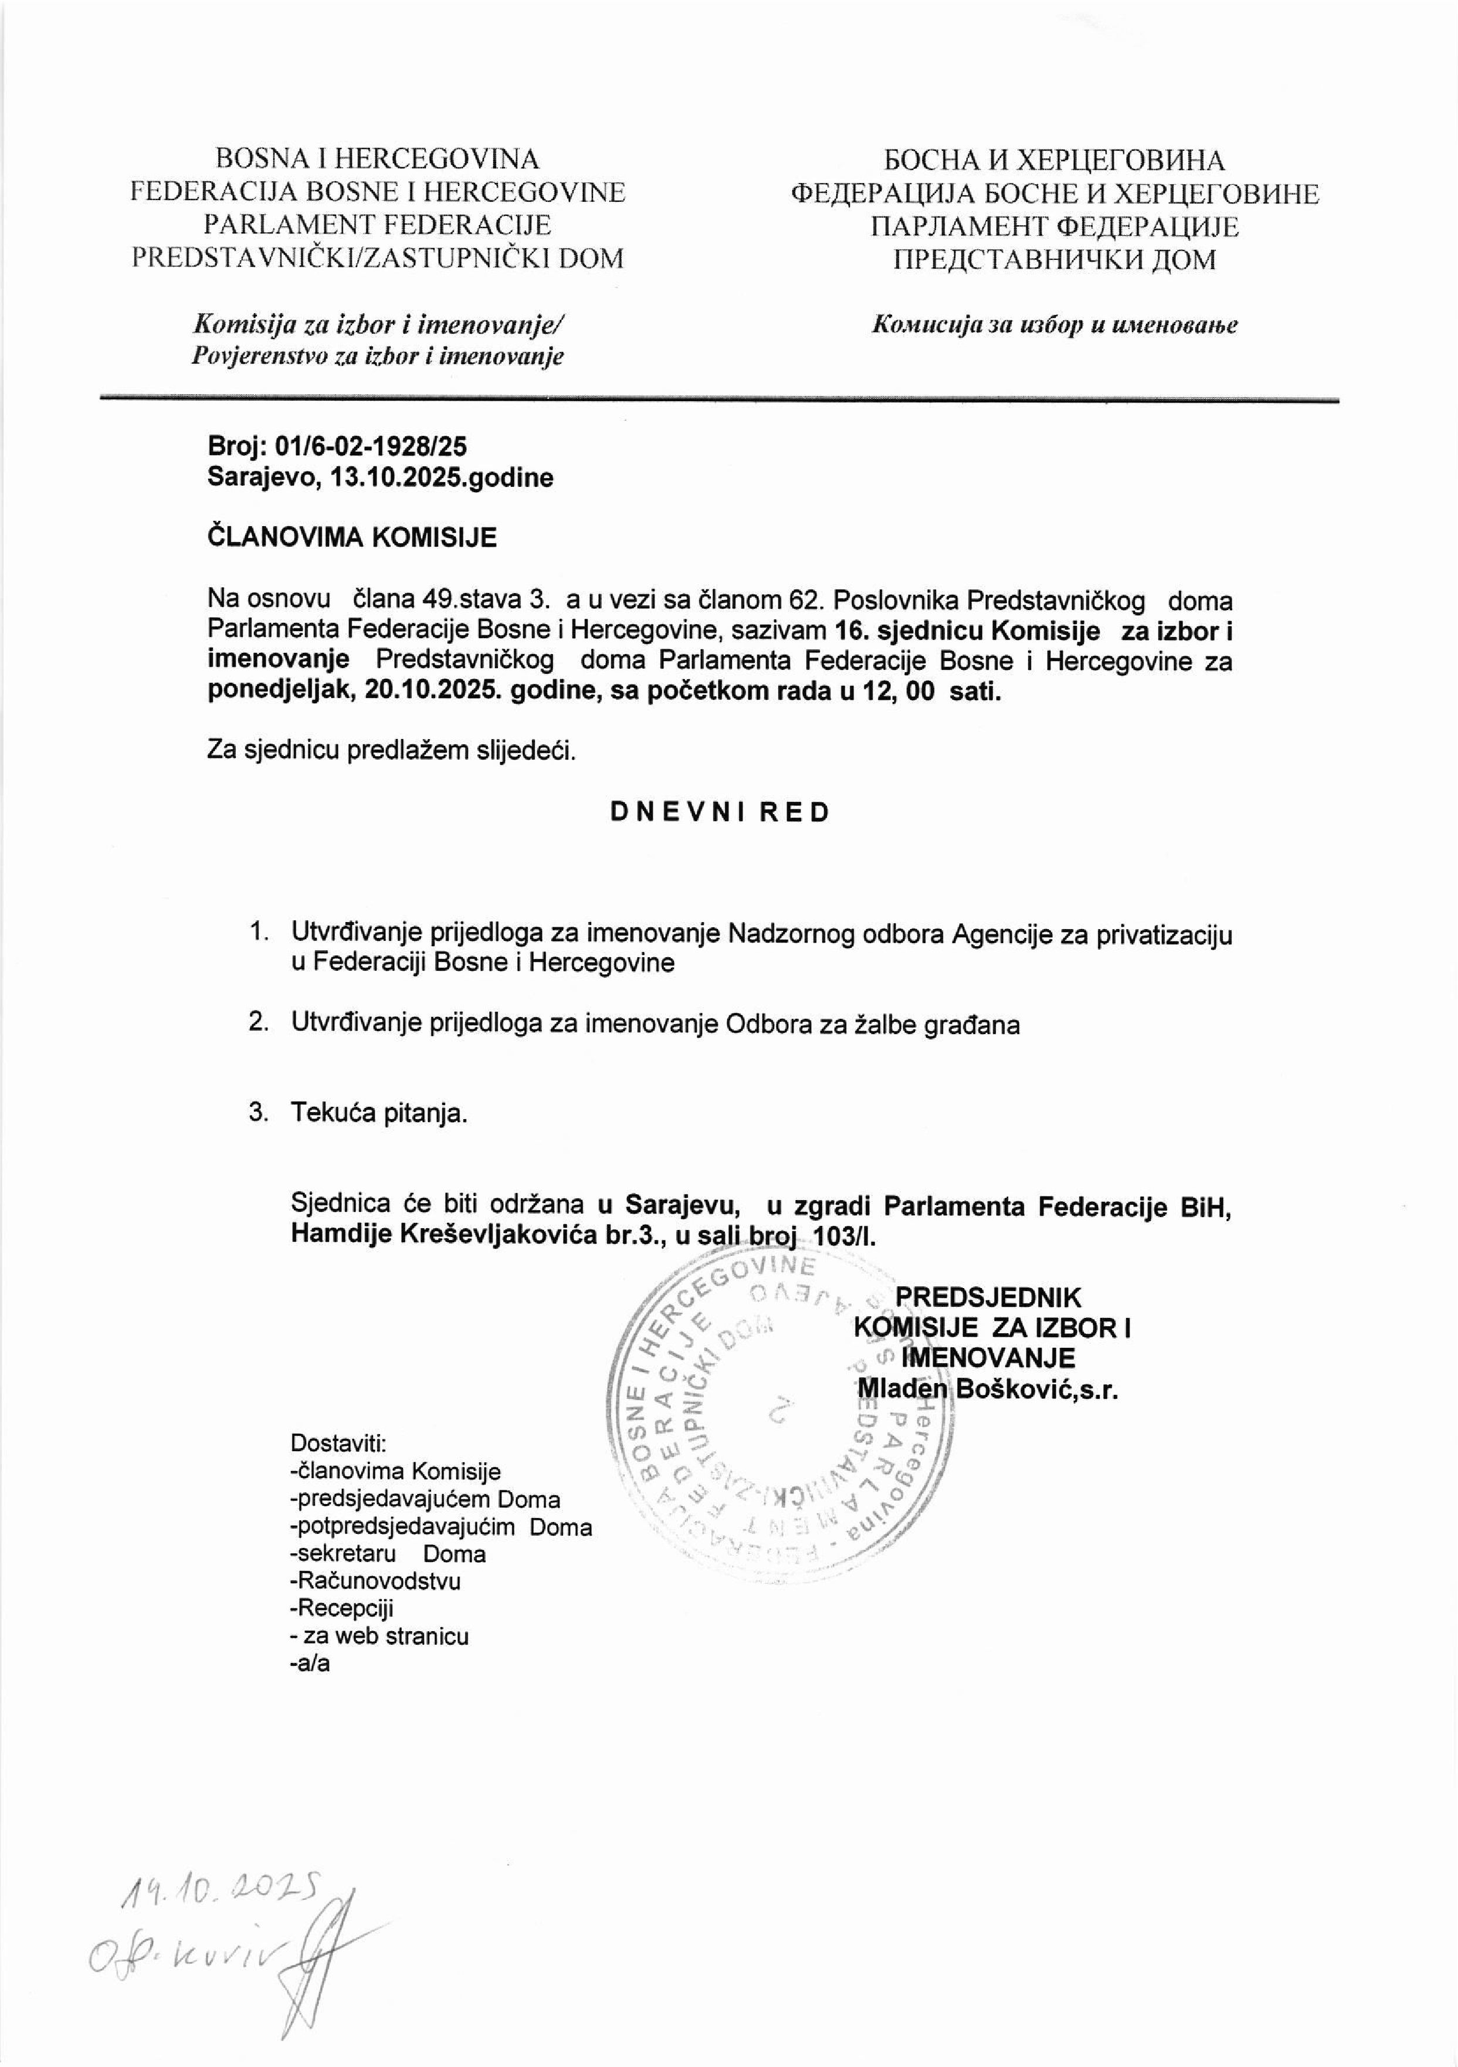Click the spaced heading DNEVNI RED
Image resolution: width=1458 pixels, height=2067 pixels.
tap(719, 812)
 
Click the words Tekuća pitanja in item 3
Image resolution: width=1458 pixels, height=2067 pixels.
tap(379, 1113)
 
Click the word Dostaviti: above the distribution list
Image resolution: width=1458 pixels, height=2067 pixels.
tap(337, 1443)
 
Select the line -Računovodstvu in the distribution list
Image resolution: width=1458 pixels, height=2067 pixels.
tap(375, 1580)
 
